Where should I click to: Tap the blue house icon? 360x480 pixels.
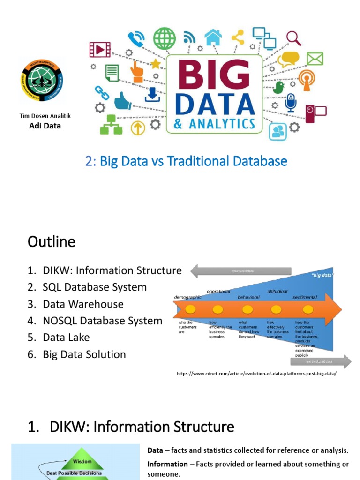tap(213, 37)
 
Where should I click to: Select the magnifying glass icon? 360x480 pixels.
tap(293, 37)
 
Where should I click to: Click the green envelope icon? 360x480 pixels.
tap(315, 59)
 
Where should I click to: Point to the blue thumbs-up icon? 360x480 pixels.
tap(123, 100)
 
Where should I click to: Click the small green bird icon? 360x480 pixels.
tap(279, 87)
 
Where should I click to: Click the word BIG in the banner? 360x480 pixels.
tap(213, 75)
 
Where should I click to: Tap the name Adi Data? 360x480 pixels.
tap(45, 126)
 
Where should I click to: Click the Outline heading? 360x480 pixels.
tap(51, 242)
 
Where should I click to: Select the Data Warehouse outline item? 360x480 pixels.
tap(83, 304)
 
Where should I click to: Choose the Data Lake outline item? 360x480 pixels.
tap(66, 337)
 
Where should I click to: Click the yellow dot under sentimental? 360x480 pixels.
tap(307, 309)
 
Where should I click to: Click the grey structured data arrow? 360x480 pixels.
tap(241, 271)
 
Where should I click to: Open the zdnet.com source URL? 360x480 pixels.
tap(256, 374)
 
